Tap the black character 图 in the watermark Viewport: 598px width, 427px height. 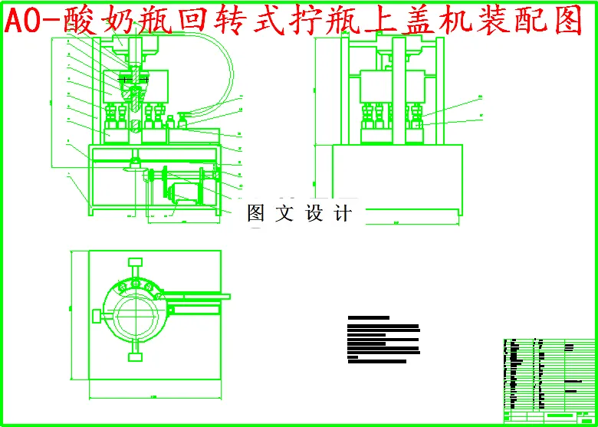(x=255, y=214)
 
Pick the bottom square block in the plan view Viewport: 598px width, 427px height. (x=136, y=355)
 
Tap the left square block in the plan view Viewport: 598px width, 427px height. (x=96, y=315)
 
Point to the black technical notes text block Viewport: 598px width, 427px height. (x=383, y=338)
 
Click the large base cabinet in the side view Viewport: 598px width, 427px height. (x=390, y=181)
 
